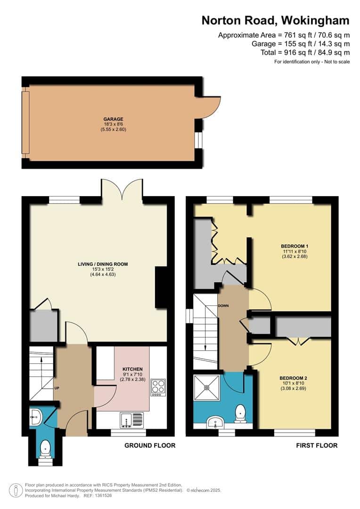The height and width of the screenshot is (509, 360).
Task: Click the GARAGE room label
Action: (x=113, y=119)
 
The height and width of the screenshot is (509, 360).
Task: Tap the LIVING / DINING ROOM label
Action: (x=103, y=264)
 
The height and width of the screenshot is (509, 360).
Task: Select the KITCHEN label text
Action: (x=132, y=369)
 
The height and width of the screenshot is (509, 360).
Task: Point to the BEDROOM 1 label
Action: (x=295, y=246)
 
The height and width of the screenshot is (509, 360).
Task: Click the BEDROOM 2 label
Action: (x=294, y=378)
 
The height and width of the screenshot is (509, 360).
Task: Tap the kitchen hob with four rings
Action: (x=158, y=387)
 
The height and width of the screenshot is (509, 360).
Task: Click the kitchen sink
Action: (x=131, y=420)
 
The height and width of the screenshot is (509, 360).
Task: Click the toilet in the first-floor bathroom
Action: (x=240, y=413)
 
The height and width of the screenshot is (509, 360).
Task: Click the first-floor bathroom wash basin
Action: (x=215, y=422)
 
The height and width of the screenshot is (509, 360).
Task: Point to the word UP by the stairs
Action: (x=57, y=388)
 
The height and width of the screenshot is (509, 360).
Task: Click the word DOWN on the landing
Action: (x=223, y=305)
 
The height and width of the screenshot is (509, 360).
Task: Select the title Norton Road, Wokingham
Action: (x=275, y=20)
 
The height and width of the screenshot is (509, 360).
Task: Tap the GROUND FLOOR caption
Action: (x=150, y=445)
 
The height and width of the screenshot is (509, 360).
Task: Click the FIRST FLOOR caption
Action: (x=317, y=445)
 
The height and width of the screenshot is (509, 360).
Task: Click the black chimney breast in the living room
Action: (x=161, y=287)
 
